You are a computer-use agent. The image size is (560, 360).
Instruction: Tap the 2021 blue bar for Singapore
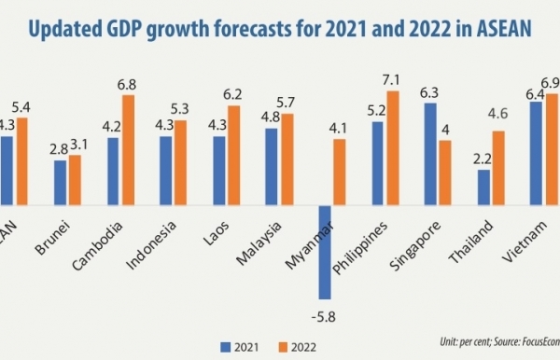pos(430,153)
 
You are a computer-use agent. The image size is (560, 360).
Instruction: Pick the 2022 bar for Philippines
pos(393,146)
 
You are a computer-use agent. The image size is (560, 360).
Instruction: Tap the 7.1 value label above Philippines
pos(393,80)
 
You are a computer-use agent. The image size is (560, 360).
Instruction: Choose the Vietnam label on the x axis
pos(527,238)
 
